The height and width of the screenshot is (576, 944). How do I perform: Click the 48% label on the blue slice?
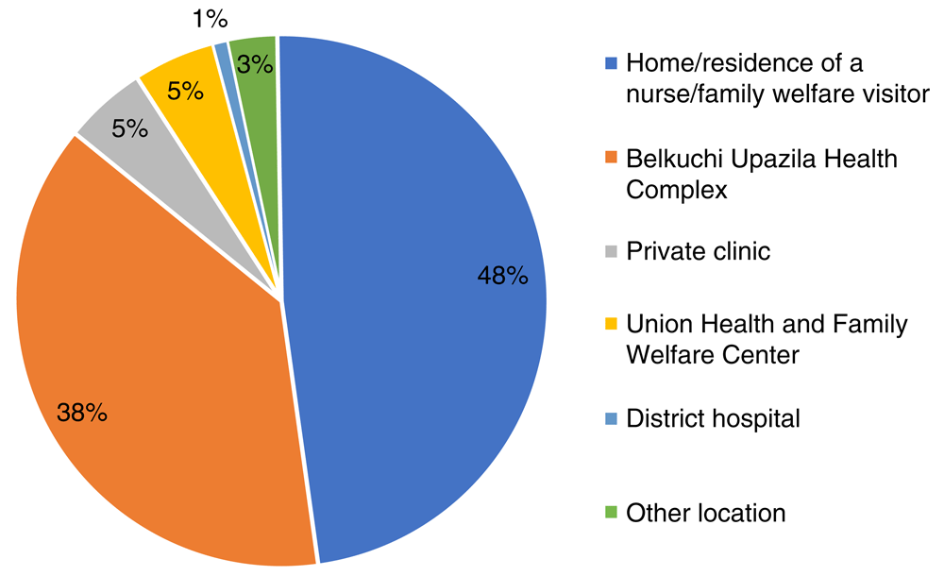(x=500, y=277)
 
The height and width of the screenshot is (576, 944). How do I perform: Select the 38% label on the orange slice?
(x=83, y=413)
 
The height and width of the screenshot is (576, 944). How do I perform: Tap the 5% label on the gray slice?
(x=129, y=127)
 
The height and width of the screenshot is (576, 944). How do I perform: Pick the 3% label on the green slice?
(x=255, y=64)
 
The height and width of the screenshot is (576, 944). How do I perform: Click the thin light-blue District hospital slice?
(x=224, y=57)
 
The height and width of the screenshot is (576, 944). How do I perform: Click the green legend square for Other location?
(x=611, y=514)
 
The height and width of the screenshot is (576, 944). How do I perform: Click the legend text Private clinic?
(x=699, y=252)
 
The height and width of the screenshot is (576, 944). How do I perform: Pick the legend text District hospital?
(x=714, y=418)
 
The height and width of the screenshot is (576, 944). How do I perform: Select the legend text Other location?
(x=705, y=514)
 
